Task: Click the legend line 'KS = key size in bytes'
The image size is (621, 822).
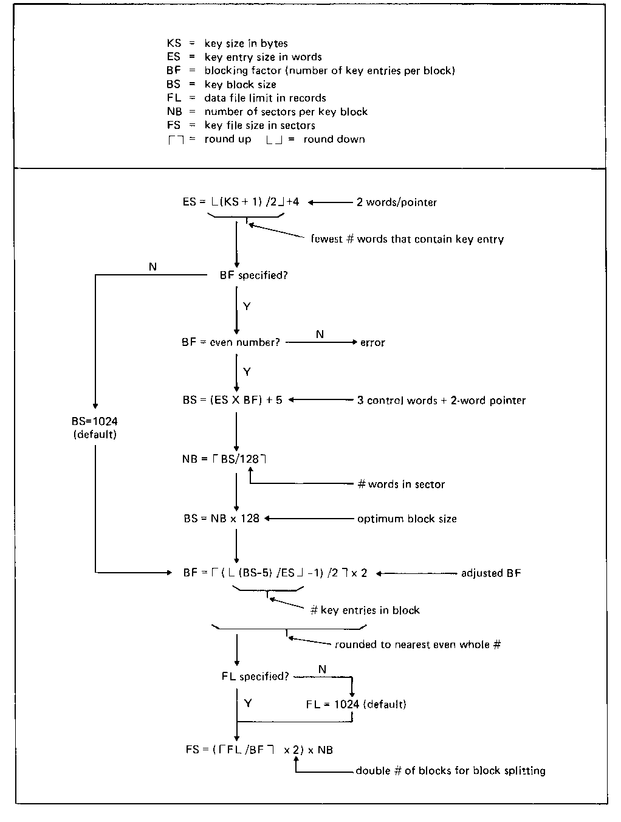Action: pos(227,43)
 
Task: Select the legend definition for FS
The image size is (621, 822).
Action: pos(241,125)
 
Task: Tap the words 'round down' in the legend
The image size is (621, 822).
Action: pos(334,139)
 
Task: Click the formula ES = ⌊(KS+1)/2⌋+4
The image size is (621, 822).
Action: pos(241,201)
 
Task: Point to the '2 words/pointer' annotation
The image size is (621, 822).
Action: pos(396,202)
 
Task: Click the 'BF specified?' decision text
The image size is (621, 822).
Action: pos(253,275)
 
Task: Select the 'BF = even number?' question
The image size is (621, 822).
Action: pos(231,342)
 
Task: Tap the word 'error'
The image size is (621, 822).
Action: pos(372,342)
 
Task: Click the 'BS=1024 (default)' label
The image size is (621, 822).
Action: pos(94,427)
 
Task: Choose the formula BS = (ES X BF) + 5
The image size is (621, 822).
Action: pos(232,400)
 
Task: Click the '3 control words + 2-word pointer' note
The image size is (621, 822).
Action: pos(442,400)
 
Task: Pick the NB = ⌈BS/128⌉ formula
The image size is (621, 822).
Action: pos(224,458)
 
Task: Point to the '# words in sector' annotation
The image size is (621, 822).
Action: pos(401,484)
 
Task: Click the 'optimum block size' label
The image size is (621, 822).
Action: pos(407,519)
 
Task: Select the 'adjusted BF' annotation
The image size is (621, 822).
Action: pos(491,573)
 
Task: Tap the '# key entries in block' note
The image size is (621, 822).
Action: pos(365,610)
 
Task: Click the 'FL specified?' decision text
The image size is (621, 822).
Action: pos(255,676)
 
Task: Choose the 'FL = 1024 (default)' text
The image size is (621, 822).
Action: pos(356,704)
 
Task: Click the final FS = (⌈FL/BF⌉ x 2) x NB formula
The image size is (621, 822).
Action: pos(259,750)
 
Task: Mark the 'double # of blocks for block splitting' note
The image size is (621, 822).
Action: pos(450,770)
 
